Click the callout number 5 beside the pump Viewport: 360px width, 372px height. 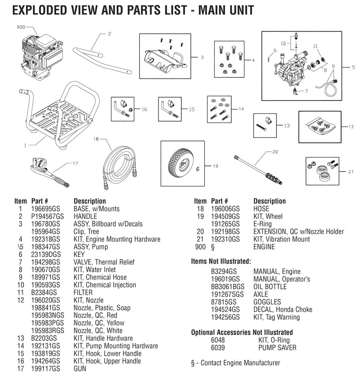point(352,67)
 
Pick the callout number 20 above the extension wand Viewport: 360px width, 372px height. point(275,151)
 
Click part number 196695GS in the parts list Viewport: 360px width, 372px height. point(45,209)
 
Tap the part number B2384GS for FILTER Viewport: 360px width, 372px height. point(42,292)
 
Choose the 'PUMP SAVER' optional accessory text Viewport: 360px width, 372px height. point(277,348)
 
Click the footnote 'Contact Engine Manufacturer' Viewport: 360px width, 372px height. point(238,363)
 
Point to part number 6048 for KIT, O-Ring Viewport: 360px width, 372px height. point(217,340)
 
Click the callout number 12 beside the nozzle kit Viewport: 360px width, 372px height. point(351,127)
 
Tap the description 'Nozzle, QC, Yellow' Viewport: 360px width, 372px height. point(100,323)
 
